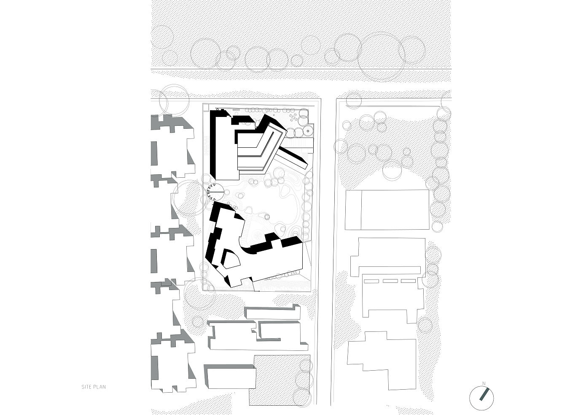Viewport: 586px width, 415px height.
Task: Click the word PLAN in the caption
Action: [100, 387]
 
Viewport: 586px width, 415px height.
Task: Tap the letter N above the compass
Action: [484, 383]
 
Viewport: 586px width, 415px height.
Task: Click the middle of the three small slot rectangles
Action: [390, 281]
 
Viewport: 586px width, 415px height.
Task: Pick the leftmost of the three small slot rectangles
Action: [371, 281]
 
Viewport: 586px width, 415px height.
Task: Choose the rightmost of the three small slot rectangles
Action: [408, 281]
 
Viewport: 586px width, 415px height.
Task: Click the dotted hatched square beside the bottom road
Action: [279, 380]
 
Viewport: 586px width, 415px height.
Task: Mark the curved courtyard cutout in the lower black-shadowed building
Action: [229, 258]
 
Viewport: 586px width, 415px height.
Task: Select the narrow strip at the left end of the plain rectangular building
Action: [353, 209]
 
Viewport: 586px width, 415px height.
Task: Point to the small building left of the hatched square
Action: [231, 377]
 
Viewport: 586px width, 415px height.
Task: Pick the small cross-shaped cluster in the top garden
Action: [292, 115]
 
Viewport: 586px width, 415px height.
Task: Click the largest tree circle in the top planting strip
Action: [383, 57]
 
